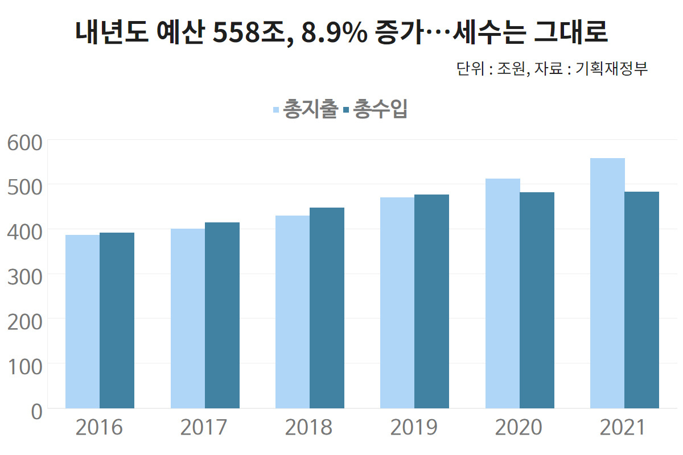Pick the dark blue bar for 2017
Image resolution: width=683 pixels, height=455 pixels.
tap(222, 315)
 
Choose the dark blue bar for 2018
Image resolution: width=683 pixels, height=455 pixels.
tap(327, 308)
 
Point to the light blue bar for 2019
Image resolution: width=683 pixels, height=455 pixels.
tap(397, 303)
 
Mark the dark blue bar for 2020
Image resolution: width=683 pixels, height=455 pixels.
tap(537, 300)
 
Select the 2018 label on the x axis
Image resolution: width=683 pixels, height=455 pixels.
tap(309, 428)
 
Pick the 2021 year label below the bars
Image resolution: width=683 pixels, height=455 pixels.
tap(624, 428)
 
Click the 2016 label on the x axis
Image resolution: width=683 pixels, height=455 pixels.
tap(99, 428)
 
